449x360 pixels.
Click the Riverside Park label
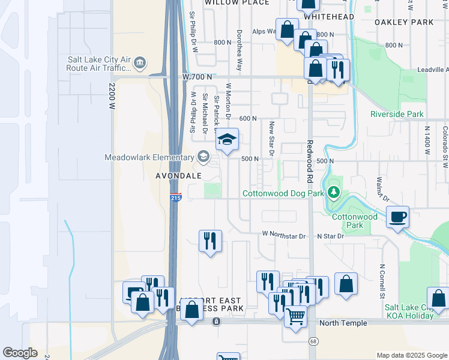point(397,114)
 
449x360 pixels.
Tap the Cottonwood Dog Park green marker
point(334,193)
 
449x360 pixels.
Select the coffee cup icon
point(397,216)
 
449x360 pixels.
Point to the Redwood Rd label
point(310,161)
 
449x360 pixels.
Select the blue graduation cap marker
point(227,140)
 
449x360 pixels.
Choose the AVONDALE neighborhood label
point(173,176)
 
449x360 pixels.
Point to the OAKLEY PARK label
point(403,22)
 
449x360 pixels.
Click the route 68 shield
point(313,341)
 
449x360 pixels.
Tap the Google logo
point(20,353)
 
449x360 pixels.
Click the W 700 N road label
point(197,77)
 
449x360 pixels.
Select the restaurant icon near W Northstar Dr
point(210,241)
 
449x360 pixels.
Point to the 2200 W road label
point(111,96)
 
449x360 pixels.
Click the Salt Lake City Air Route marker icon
point(139,62)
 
